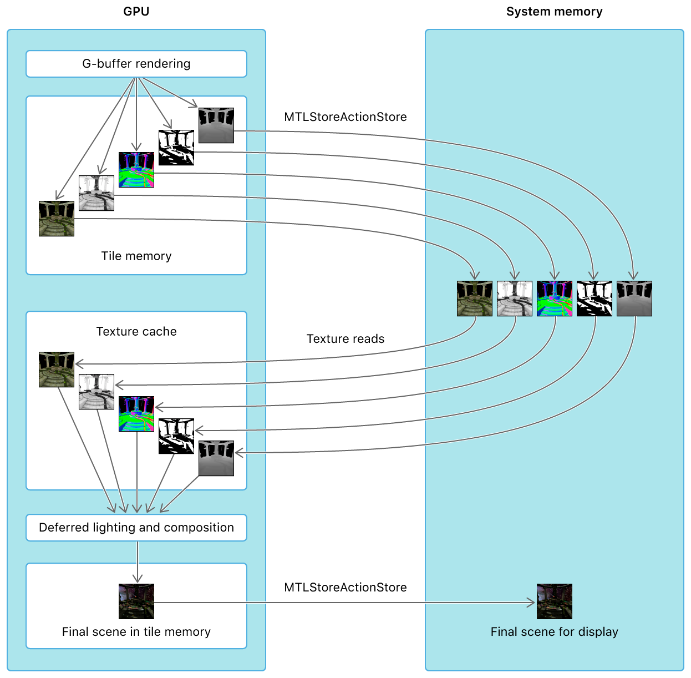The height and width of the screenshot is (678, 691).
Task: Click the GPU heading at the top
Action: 136,12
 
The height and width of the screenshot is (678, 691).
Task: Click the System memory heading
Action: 554,12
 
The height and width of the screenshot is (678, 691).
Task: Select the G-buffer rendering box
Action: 136,64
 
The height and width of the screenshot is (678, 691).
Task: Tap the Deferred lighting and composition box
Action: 136,528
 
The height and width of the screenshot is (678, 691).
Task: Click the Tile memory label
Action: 136,256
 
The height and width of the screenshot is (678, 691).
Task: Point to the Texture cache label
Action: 136,331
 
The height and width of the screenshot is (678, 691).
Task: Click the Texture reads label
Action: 345,339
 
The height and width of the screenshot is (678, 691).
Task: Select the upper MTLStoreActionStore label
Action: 345,117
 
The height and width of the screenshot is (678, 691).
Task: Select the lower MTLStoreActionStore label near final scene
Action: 345,588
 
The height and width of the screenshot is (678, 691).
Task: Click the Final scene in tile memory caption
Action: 136,632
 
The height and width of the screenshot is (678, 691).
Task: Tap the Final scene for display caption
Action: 554,632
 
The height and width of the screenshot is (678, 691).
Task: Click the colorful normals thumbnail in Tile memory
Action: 136,170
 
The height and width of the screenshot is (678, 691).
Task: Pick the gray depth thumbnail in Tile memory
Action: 216,125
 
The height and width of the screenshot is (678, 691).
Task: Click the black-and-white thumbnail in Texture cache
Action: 176,436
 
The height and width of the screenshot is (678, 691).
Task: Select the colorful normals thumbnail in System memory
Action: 555,298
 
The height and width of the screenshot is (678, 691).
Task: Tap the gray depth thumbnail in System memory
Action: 634,298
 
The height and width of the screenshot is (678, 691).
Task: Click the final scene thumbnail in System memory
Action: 555,601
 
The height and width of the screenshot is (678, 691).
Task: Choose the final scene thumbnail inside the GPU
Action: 136,601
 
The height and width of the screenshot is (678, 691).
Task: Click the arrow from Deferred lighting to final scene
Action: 137,561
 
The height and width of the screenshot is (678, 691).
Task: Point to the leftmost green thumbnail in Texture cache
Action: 57,370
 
